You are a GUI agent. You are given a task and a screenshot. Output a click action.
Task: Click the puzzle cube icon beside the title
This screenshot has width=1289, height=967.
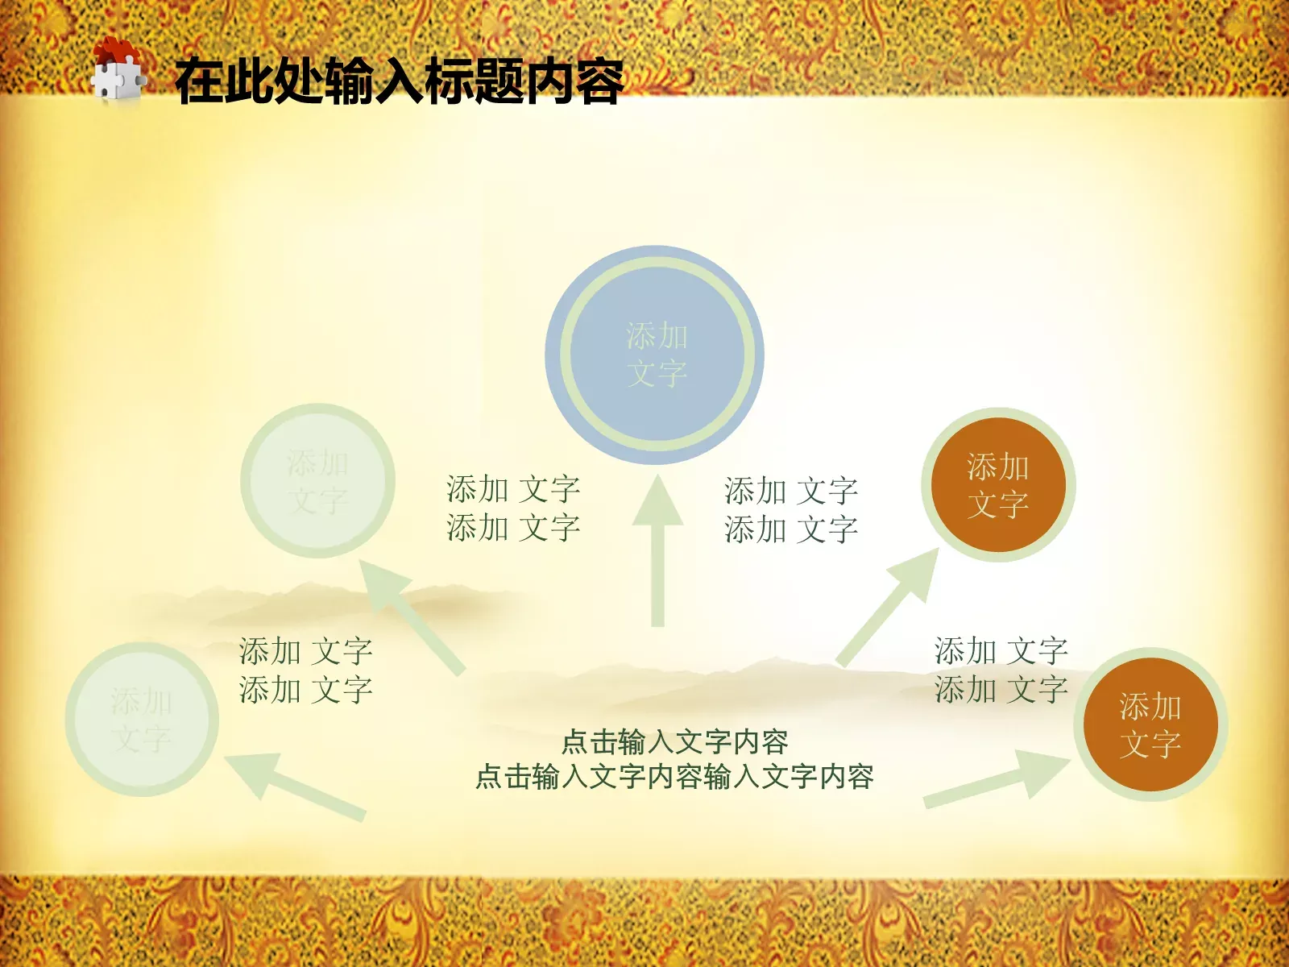[x=118, y=73]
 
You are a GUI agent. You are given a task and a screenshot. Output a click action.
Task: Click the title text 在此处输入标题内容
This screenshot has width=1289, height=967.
[x=399, y=81]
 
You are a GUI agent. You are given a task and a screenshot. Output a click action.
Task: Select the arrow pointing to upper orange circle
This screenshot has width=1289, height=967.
[x=890, y=604]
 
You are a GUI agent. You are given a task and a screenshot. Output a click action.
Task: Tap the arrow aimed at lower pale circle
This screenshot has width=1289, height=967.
[x=294, y=786]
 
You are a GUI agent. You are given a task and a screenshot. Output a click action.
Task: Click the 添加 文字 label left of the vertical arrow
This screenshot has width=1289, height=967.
[x=513, y=508]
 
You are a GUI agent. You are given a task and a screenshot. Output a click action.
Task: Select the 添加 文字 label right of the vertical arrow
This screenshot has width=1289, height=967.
[x=791, y=510]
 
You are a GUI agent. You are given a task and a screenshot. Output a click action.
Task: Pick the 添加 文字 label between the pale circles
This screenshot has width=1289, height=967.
[x=305, y=670]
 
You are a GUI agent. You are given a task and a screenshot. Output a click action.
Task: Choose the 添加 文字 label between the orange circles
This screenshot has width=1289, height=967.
[x=1001, y=670]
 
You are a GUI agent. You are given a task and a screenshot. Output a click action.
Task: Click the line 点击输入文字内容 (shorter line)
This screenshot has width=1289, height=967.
[x=674, y=741]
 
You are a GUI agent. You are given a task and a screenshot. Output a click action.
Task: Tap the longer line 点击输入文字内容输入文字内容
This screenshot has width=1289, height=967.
[x=674, y=777]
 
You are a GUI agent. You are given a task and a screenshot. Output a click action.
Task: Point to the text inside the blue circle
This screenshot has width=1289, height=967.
[x=657, y=355]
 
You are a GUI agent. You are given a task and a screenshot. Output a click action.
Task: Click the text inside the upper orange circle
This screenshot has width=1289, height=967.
[x=997, y=485]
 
